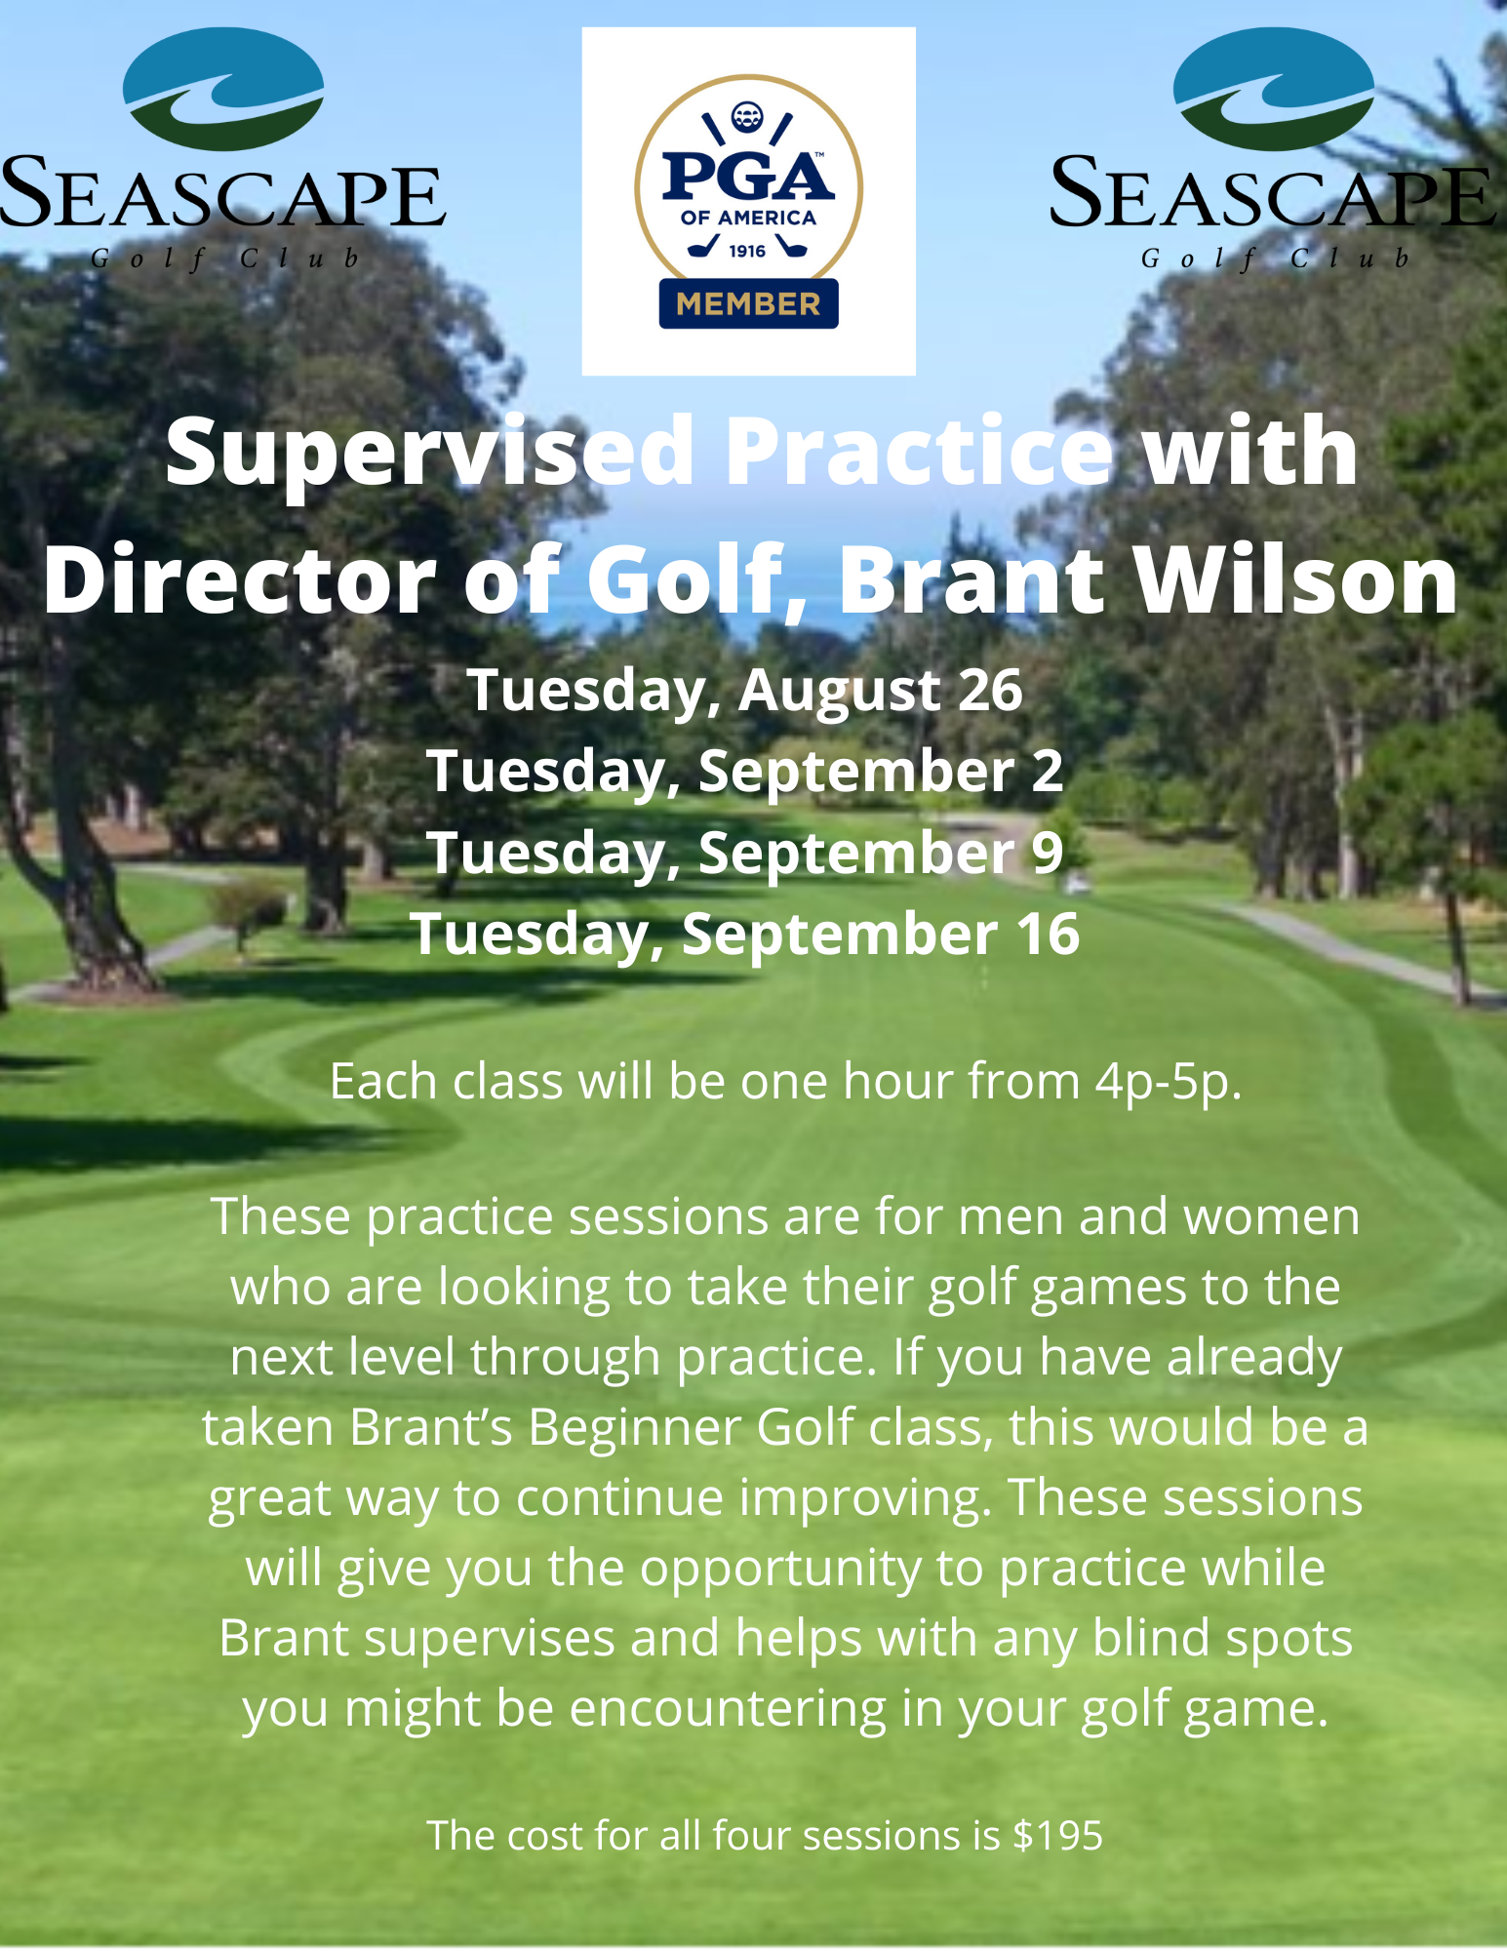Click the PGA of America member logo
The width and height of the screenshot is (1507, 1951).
(748, 202)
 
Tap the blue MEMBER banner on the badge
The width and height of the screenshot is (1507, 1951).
(748, 303)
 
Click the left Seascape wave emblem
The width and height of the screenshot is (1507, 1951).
(223, 89)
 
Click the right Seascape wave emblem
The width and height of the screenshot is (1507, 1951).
(1274, 89)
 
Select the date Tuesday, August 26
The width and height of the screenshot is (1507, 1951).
(745, 691)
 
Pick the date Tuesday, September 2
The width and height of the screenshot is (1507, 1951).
(745, 772)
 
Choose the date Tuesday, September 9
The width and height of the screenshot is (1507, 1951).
(745, 853)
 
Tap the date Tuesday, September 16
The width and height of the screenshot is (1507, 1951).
(745, 934)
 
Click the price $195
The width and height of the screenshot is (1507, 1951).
(1058, 1836)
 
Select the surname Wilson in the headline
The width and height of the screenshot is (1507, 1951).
(1296, 581)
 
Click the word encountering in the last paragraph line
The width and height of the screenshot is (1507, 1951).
(728, 1709)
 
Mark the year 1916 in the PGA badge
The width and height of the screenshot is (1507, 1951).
(747, 252)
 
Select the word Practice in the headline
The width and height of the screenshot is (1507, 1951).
(920, 453)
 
